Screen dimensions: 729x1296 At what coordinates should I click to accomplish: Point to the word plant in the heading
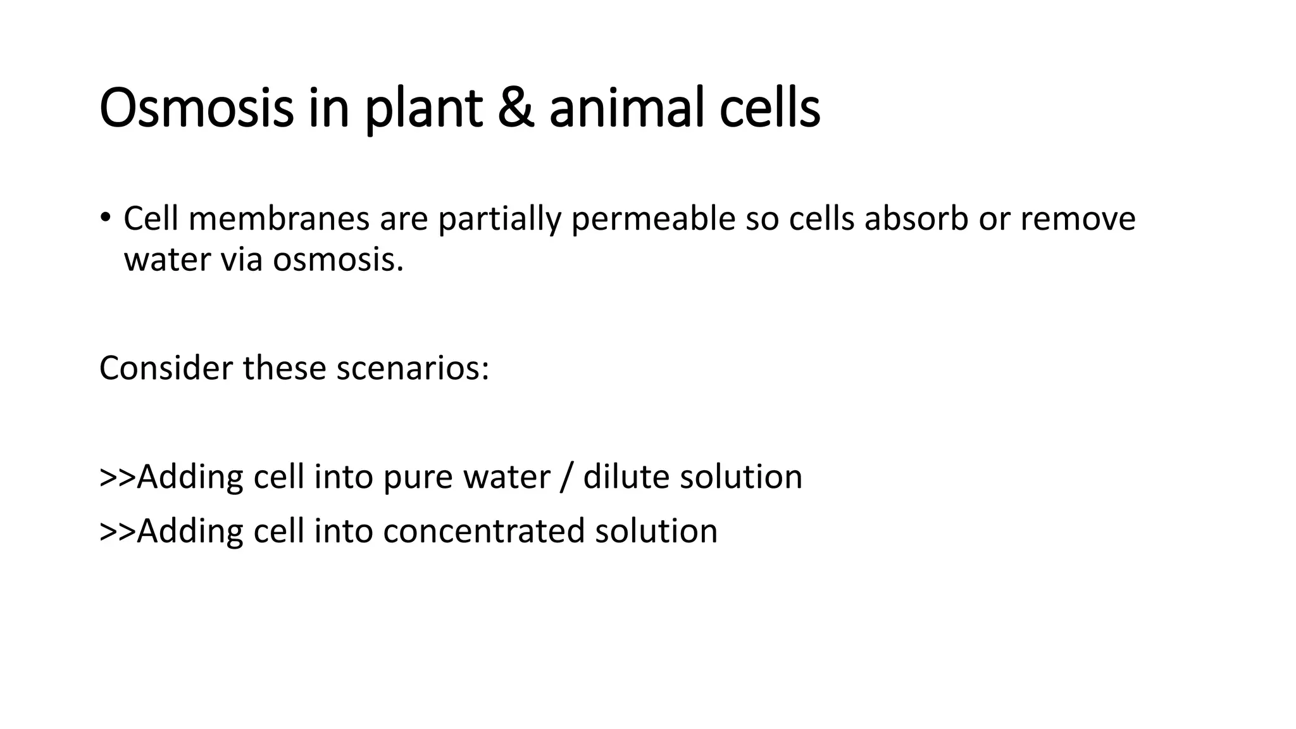point(423,109)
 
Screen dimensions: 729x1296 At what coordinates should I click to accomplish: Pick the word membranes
point(279,219)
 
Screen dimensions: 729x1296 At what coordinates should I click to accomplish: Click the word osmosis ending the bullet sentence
point(338,260)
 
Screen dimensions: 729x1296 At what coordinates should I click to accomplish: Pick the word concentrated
point(483,531)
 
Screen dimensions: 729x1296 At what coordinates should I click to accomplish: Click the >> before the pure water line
point(118,478)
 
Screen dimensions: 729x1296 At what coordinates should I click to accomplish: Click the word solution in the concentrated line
point(656,531)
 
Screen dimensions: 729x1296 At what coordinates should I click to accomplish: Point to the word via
point(241,260)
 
